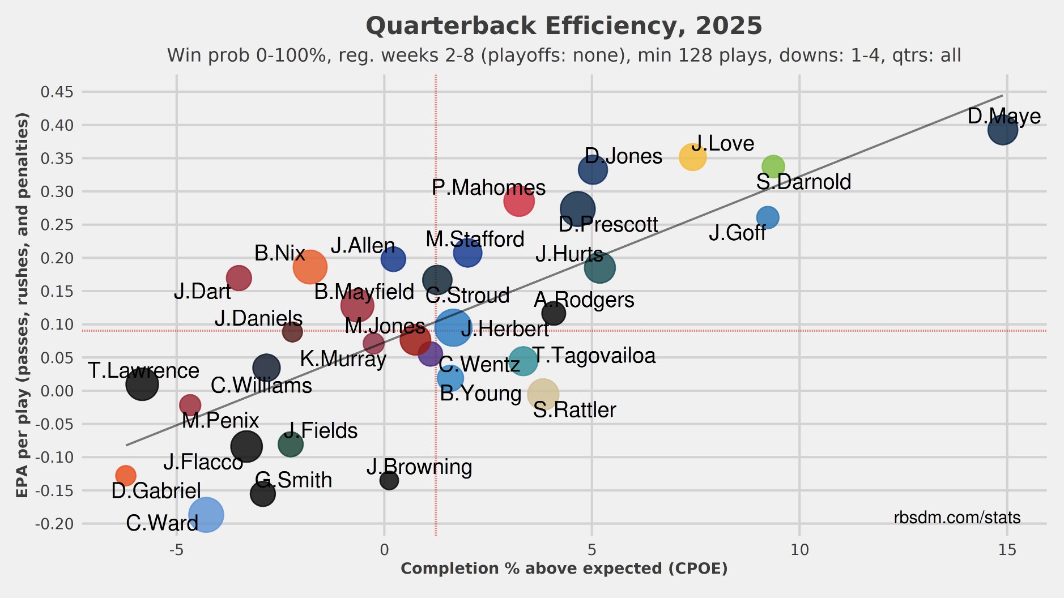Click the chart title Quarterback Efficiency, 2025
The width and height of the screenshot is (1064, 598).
click(x=564, y=26)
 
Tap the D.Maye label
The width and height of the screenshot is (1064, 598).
click(x=1003, y=116)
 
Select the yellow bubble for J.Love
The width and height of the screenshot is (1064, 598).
click(x=692, y=157)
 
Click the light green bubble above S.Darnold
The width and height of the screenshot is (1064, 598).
click(x=773, y=166)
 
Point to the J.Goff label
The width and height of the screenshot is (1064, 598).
click(x=737, y=233)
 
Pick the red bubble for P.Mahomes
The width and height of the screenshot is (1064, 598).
click(x=518, y=200)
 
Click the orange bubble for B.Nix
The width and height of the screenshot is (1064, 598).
click(x=310, y=267)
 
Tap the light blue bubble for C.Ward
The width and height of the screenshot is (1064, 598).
click(x=206, y=514)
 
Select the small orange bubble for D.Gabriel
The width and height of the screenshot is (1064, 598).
click(x=126, y=475)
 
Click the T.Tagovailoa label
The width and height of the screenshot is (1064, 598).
click(x=594, y=356)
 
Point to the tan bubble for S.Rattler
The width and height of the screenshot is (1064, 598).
click(x=543, y=394)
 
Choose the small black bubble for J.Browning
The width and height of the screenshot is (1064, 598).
click(x=389, y=480)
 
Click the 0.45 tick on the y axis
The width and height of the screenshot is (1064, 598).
click(x=57, y=92)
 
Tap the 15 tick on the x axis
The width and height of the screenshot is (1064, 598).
click(x=1007, y=550)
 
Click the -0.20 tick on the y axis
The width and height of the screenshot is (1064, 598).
click(x=55, y=524)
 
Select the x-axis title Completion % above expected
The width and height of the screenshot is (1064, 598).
click(x=564, y=569)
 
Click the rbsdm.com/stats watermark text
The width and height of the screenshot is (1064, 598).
click(x=957, y=518)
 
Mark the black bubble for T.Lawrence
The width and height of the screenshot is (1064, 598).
click(x=142, y=384)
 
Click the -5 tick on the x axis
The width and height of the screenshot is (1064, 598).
click(x=176, y=550)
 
